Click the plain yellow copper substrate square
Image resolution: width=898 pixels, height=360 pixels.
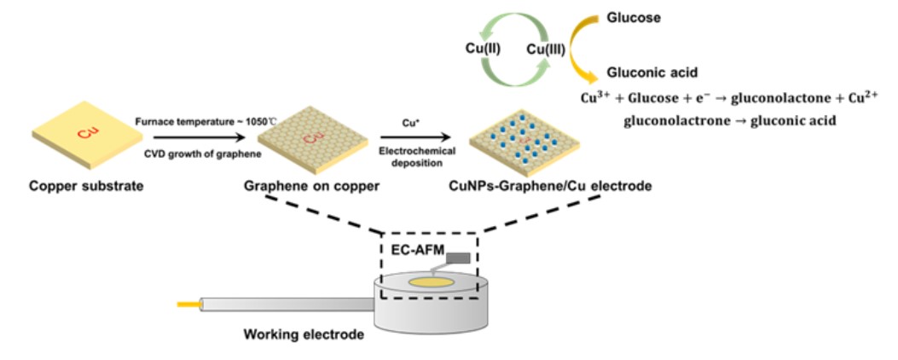coord(83,136)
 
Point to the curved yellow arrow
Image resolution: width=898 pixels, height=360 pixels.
coord(584,43)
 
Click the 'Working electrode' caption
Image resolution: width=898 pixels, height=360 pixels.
coord(304,334)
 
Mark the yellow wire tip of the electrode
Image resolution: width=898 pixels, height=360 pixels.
coord(187,303)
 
